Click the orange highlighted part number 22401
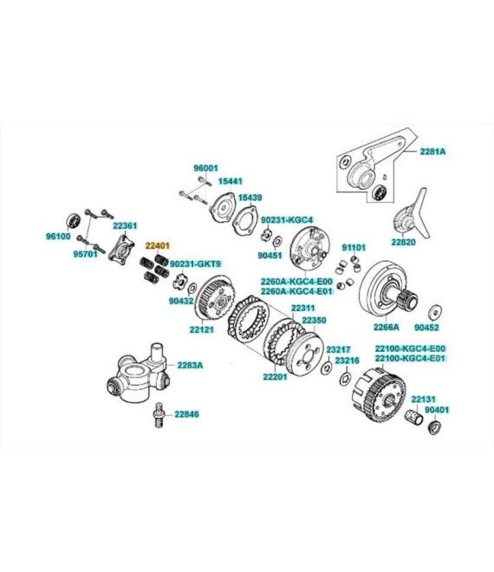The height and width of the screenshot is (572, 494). click(158, 245)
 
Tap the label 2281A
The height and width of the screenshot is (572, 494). click(432, 152)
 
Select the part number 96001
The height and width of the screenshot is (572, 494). click(205, 168)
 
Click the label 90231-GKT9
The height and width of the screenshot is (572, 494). click(195, 263)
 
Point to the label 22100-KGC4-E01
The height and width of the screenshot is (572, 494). click(411, 358)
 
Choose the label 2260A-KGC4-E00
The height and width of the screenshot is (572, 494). click(296, 282)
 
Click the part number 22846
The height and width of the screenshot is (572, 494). click(186, 414)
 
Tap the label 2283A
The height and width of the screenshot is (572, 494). click(190, 365)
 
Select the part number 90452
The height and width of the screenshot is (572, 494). click(426, 328)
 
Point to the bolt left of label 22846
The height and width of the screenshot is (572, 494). click(158, 415)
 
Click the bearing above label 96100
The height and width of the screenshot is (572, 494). click(74, 220)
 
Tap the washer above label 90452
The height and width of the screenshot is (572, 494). click(435, 310)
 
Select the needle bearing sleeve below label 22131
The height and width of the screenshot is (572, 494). click(413, 418)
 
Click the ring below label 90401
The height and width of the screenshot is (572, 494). click(434, 427)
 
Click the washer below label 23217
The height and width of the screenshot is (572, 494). click(326, 368)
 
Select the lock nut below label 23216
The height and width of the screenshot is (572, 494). click(345, 380)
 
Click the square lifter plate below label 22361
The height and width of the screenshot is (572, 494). click(121, 249)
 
